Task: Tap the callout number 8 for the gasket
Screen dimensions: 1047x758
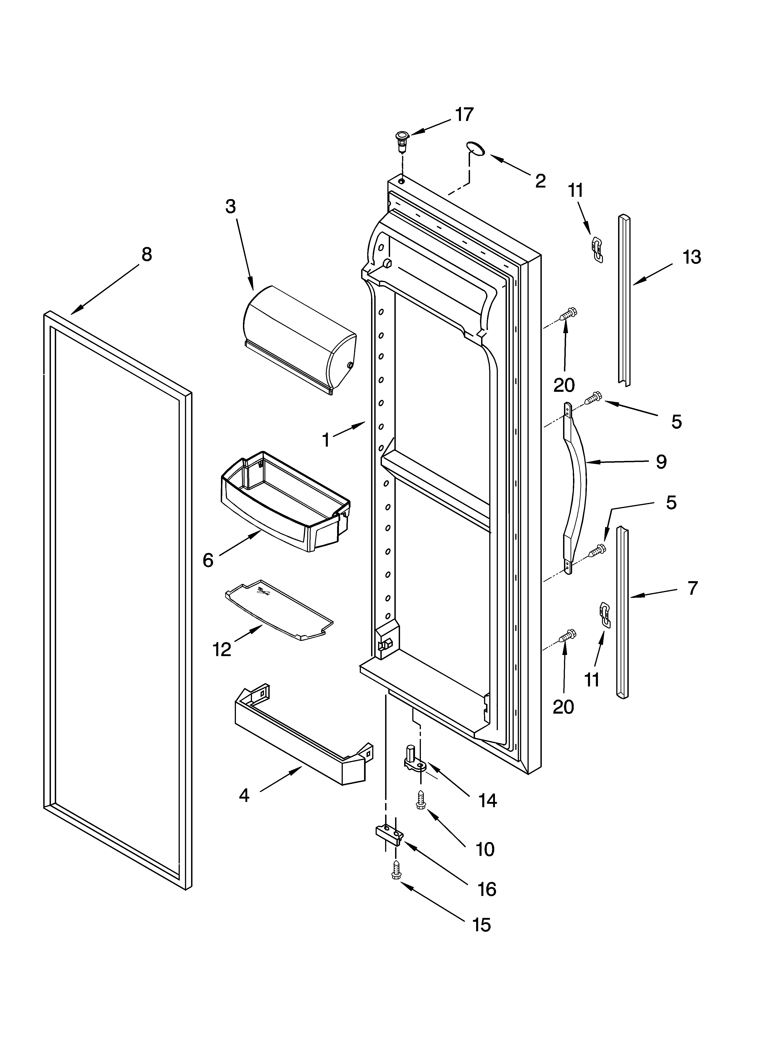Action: pos(146,254)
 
